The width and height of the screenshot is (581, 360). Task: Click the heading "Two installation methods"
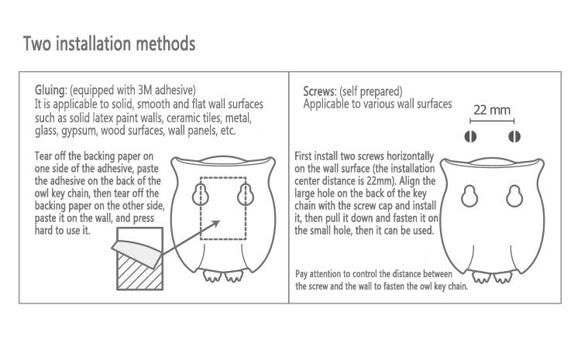coord(109,44)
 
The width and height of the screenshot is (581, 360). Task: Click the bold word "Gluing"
coord(50,91)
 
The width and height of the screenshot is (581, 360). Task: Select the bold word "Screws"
coord(319,91)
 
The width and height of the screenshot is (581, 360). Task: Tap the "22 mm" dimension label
coord(492,110)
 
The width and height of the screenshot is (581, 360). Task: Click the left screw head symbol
coord(470,137)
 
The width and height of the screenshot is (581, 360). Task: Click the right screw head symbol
coord(514,137)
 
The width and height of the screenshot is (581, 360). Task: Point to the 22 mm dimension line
coord(492,121)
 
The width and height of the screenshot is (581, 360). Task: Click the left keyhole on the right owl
coord(470,196)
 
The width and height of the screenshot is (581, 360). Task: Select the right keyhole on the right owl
coord(514,196)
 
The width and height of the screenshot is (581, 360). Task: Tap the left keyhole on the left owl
coord(201,194)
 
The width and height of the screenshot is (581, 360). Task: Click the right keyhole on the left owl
coord(246,194)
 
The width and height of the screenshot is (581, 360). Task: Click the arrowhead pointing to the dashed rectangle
coord(215,224)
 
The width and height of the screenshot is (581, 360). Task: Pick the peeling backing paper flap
coord(137,251)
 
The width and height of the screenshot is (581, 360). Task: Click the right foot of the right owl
coord(503,277)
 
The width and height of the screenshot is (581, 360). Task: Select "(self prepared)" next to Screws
coord(370,91)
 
